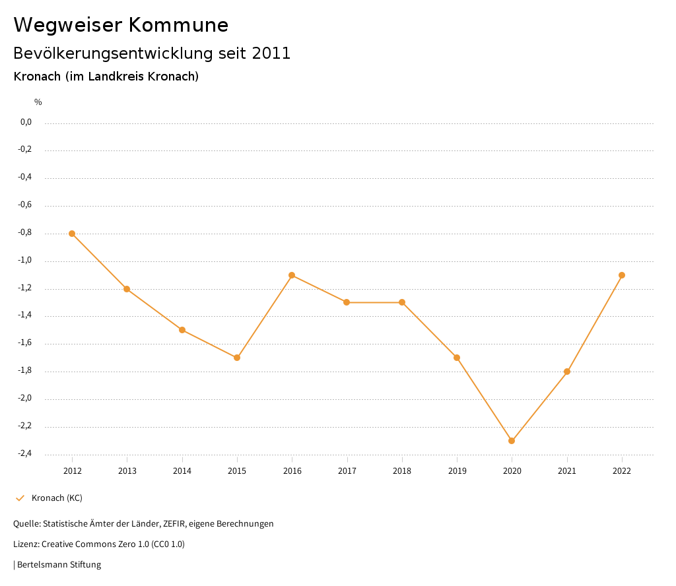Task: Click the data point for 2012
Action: (x=72, y=234)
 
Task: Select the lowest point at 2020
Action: (x=512, y=441)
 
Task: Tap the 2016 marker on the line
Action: (x=292, y=275)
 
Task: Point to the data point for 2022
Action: (x=622, y=275)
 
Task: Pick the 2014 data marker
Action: (x=182, y=330)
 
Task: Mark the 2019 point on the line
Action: (x=457, y=358)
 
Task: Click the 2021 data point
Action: (x=566, y=372)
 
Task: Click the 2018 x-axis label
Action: (x=402, y=471)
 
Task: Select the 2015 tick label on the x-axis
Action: (x=237, y=471)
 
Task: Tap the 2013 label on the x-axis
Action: (x=127, y=471)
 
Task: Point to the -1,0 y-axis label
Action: (x=26, y=260)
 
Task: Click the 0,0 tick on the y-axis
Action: (x=26, y=122)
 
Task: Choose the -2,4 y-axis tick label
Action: (x=26, y=453)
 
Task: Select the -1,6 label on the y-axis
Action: (x=26, y=343)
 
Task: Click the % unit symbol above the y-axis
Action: (x=38, y=102)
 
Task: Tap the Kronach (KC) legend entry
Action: (x=57, y=498)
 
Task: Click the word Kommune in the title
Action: (x=179, y=25)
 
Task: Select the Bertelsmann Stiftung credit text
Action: (x=59, y=564)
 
